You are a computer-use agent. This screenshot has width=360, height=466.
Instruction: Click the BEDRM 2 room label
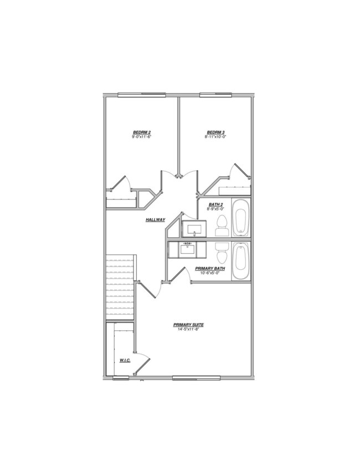pos(142,132)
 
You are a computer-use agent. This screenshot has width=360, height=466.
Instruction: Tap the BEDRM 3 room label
pos(215,132)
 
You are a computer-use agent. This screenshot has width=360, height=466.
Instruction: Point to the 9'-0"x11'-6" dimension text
pos(142,136)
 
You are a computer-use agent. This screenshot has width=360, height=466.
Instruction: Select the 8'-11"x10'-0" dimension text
pos(215,136)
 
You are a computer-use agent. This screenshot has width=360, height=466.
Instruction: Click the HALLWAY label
pos(156,220)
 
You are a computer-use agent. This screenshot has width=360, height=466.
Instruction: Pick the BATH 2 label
pos(215,205)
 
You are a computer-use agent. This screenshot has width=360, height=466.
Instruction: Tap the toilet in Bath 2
pos(222,224)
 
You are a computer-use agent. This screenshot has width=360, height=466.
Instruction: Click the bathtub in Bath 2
pos(240,218)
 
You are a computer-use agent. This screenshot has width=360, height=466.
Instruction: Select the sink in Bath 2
pos(194,228)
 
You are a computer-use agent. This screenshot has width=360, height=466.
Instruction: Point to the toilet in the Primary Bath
pos(222,254)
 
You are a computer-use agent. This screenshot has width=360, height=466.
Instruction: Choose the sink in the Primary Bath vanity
pos(188,249)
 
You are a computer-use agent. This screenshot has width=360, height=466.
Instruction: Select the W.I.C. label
pos(125,361)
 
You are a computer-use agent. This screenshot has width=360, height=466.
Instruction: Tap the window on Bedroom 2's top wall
pos(141,95)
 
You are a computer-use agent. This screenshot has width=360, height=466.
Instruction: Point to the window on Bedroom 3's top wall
pos(215,95)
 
